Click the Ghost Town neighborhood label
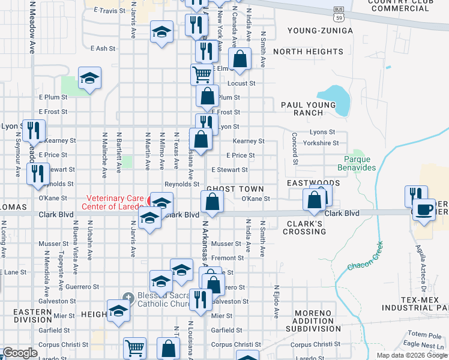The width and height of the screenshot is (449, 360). (235, 189)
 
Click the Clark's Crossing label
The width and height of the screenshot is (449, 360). (304, 227)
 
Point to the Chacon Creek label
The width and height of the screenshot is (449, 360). (363, 257)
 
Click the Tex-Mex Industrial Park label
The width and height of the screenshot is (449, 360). (415, 303)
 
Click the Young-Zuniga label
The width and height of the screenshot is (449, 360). (318, 31)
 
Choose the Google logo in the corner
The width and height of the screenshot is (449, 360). (20, 353)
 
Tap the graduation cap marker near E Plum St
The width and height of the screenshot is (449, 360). (89, 78)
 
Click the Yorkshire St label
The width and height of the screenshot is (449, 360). (321, 143)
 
